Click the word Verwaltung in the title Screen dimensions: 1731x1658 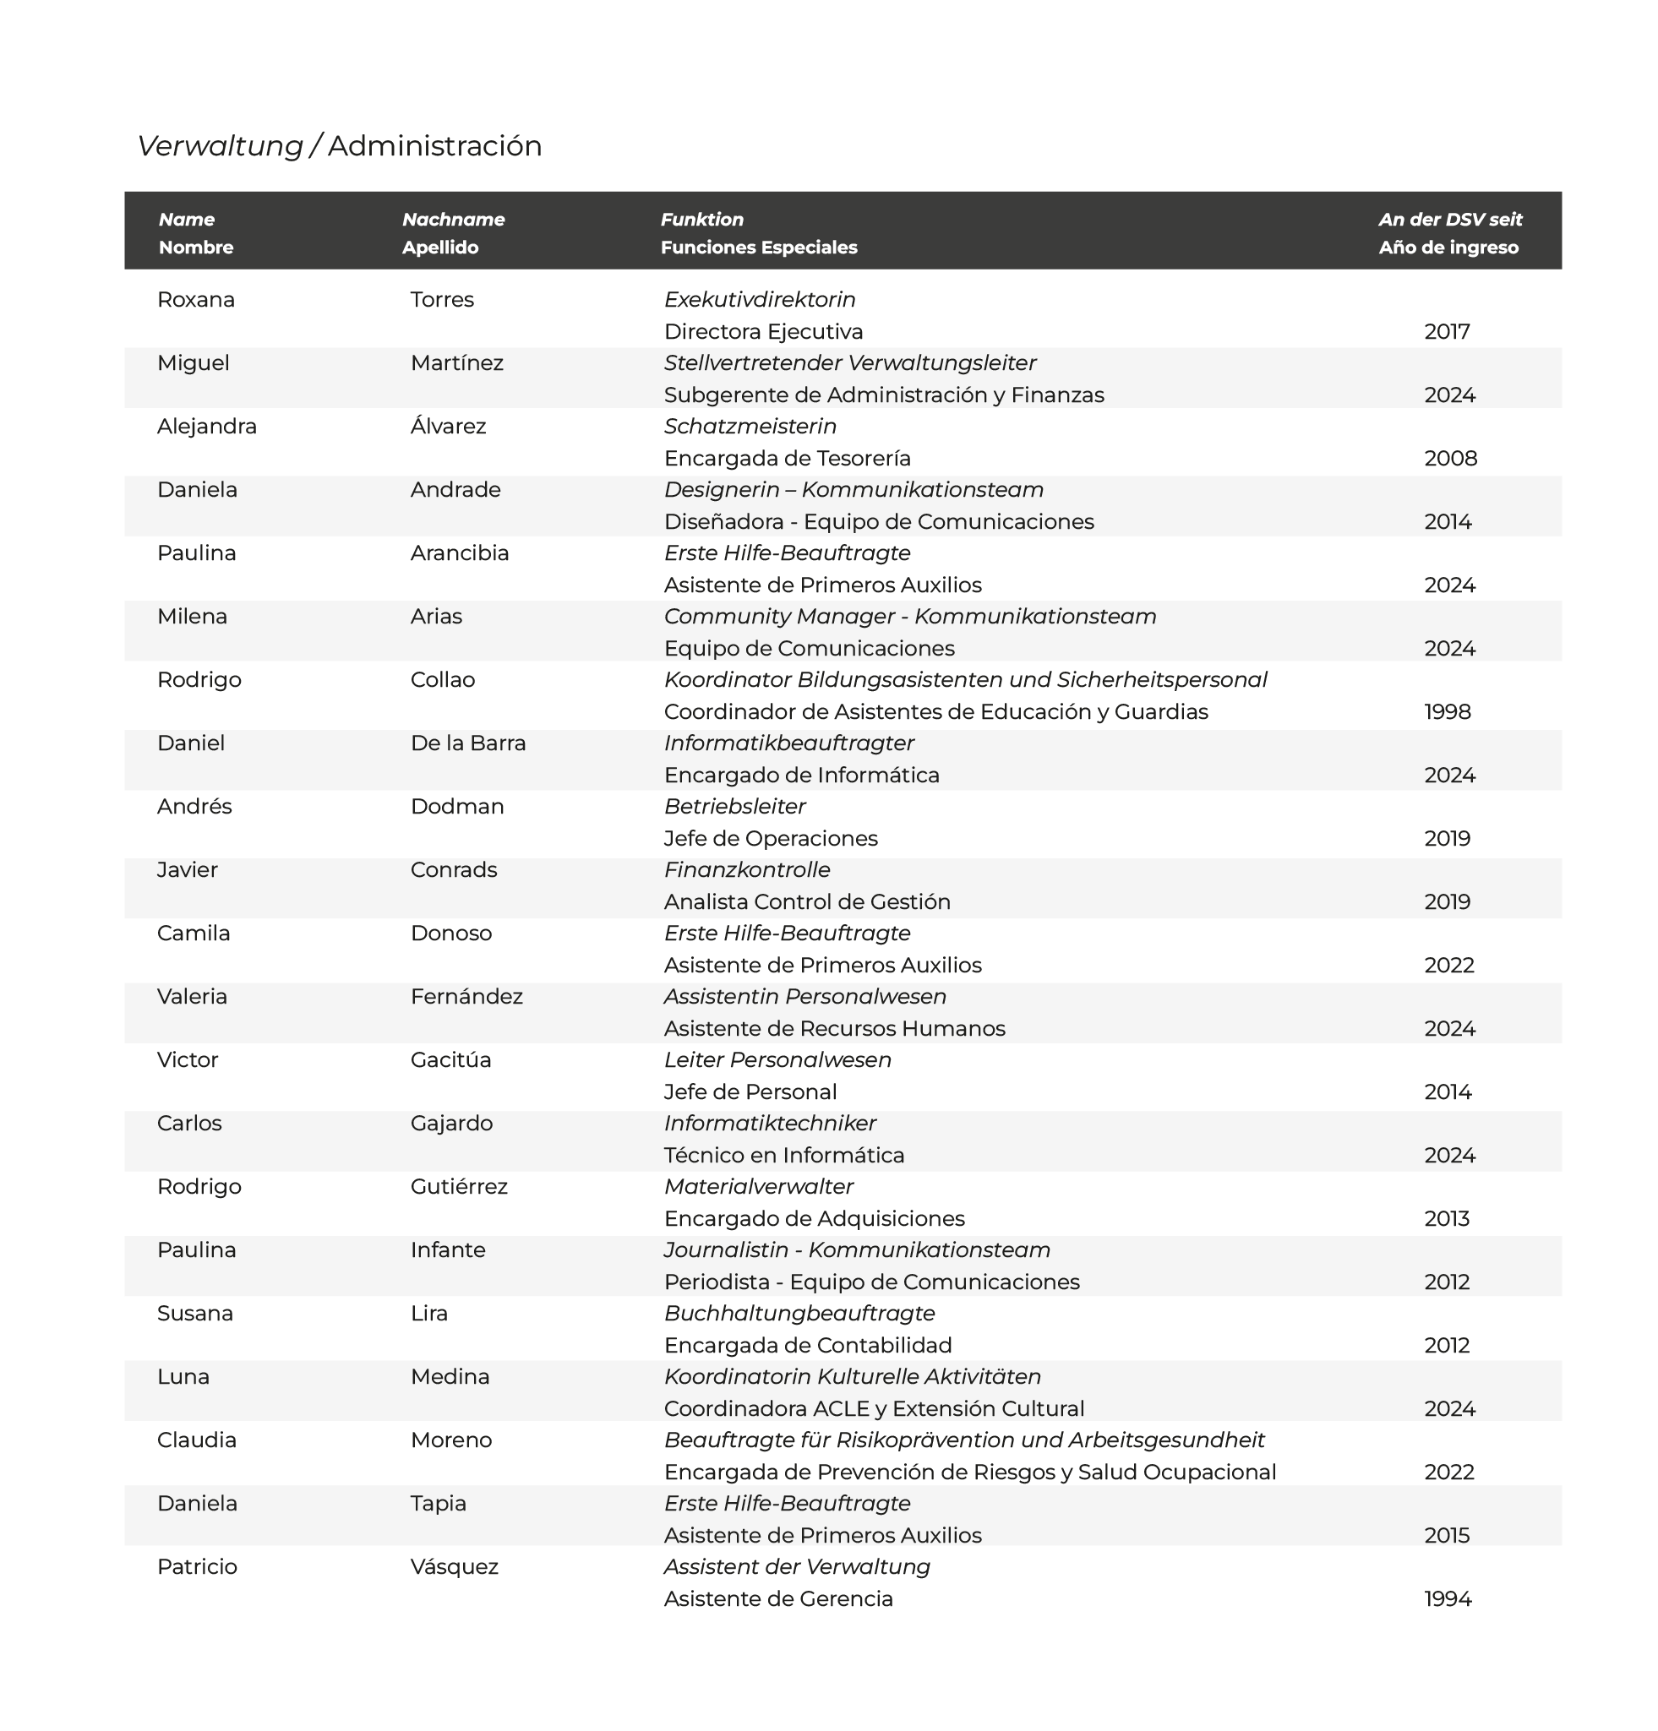click(219, 145)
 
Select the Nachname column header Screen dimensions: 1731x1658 click(453, 219)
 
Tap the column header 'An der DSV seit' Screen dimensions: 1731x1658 click(1449, 219)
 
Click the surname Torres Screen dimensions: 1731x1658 click(442, 299)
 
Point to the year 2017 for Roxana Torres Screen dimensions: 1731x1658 click(1446, 331)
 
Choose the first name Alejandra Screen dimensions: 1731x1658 click(207, 426)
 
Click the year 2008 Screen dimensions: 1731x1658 click(1449, 458)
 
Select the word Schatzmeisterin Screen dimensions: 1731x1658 click(749, 426)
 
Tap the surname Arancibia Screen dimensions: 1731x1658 click(460, 553)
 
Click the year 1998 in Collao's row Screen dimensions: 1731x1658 click(1447, 711)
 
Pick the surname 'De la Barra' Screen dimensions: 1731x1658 click(467, 743)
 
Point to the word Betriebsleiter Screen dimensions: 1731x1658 click(734, 806)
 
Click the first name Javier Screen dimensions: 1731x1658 click(188, 870)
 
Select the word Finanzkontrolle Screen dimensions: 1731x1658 click(746, 870)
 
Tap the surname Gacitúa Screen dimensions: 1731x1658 click(450, 1059)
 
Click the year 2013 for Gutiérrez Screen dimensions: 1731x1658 click(1446, 1218)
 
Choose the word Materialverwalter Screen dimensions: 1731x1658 click(758, 1186)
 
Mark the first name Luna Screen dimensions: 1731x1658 click(183, 1376)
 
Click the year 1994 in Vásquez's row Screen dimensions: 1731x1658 click(1447, 1598)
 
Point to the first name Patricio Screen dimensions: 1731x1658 click(197, 1567)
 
